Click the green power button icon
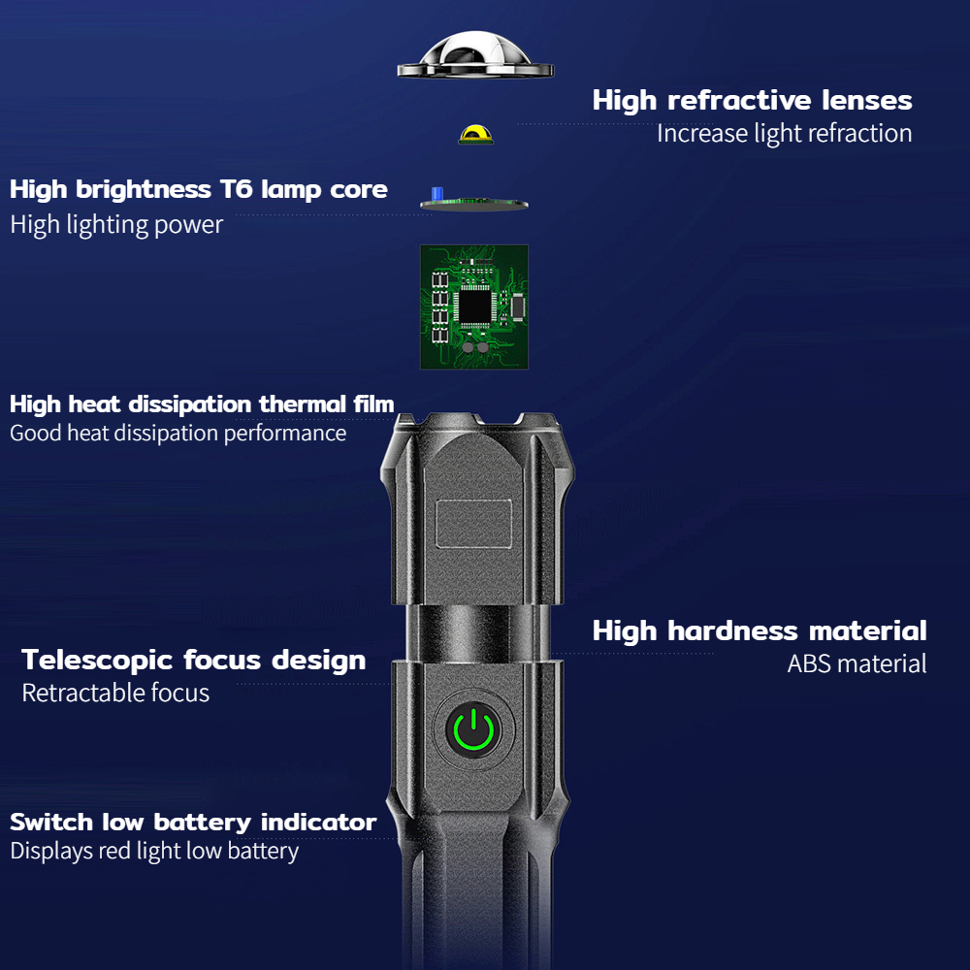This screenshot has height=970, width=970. tap(473, 730)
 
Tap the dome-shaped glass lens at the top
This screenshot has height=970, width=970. tap(475, 54)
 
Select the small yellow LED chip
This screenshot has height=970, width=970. tap(475, 134)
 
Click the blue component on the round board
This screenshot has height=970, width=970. tap(437, 194)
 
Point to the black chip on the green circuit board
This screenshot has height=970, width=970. tap(474, 307)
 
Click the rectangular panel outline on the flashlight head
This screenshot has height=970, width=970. tap(474, 524)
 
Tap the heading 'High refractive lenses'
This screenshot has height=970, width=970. tap(753, 100)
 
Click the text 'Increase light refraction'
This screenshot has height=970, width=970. tap(785, 134)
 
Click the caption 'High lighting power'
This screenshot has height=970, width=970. tap(116, 225)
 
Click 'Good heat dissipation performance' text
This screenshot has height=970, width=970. tap(178, 433)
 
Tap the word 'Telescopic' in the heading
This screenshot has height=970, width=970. tap(97, 661)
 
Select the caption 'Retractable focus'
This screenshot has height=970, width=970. tap(115, 693)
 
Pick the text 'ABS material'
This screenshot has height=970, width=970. tap(857, 663)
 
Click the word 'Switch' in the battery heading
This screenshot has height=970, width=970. tap(51, 823)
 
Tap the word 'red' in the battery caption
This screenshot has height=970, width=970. tap(114, 852)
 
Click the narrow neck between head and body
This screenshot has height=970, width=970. tap(477, 632)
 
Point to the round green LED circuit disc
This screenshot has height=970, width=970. tap(474, 204)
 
